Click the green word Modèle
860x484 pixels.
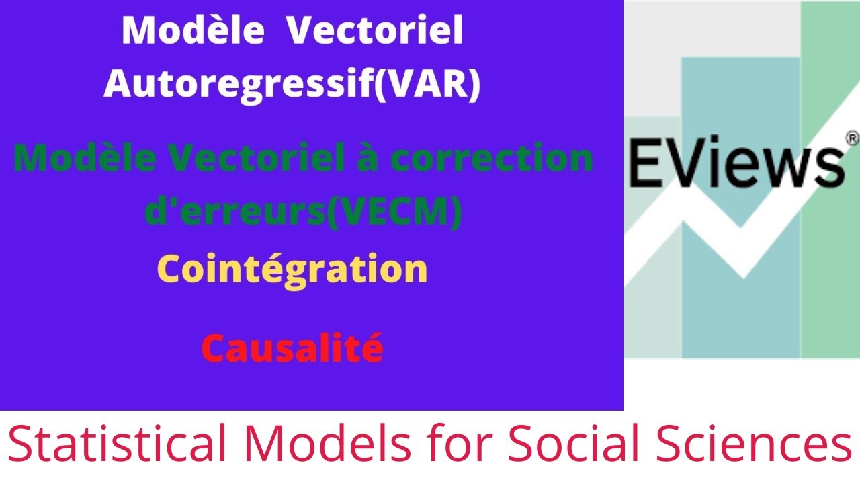[x=87, y=159]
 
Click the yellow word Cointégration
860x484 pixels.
[x=293, y=270]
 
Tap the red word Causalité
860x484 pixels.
[x=293, y=348]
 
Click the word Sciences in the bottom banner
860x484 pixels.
[x=746, y=444]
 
